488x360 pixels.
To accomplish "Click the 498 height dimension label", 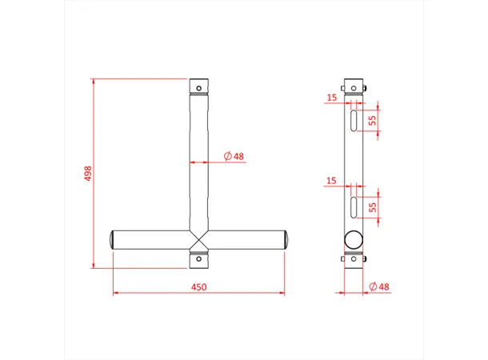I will pyautogui.click(x=87, y=174).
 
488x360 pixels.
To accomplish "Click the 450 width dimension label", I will pyautogui.click(x=198, y=286).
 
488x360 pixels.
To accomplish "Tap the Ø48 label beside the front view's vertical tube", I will pyautogui.click(x=234, y=155).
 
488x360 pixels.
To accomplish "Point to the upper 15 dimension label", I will pyautogui.click(x=332, y=98).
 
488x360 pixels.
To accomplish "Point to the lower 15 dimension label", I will pyautogui.click(x=332, y=182).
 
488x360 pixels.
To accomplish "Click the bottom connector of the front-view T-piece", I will pyautogui.click(x=199, y=259).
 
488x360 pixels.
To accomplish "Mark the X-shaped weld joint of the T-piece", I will pyautogui.click(x=199, y=239).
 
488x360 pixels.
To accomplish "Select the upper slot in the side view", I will pyautogui.click(x=353, y=121).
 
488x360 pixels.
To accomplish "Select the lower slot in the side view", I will pyautogui.click(x=353, y=206).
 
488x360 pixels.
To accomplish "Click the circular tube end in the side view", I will pyautogui.click(x=353, y=238).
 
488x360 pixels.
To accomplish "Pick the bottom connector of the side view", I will pyautogui.click(x=353, y=259).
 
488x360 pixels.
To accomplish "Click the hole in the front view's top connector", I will pyautogui.click(x=199, y=85).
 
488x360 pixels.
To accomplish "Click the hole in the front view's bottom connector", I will pyautogui.click(x=199, y=259).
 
